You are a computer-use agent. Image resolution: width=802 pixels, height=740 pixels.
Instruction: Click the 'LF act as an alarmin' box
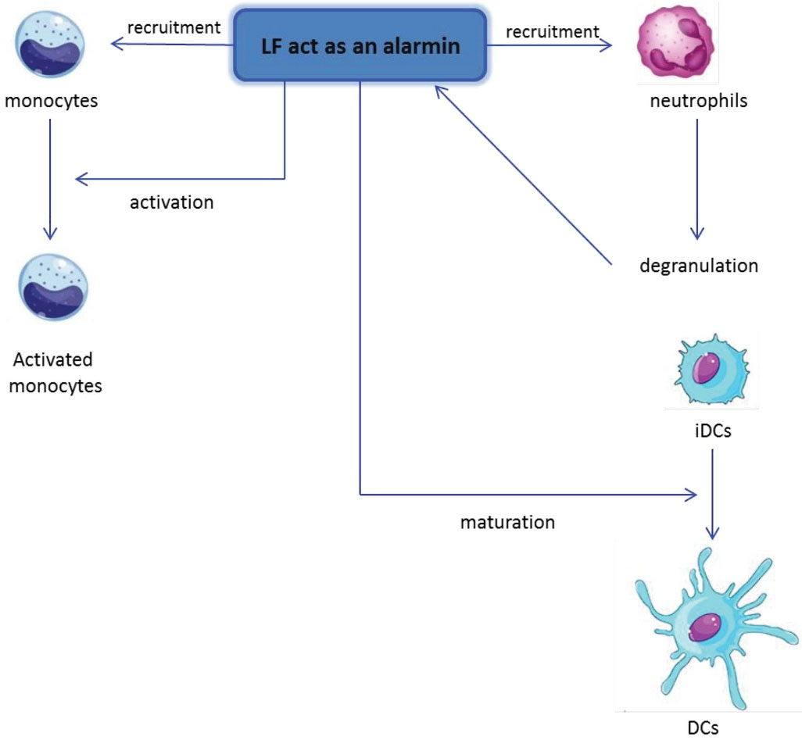(360, 45)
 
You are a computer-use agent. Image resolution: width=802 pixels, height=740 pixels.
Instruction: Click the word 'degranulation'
(698, 266)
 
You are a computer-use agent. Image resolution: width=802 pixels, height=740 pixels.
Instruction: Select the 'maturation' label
(507, 521)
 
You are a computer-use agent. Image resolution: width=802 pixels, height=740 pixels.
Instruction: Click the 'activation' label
(171, 202)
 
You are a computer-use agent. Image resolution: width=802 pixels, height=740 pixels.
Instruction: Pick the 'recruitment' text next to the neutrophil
(552, 31)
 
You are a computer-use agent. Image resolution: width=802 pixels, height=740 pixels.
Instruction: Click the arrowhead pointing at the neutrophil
(607, 46)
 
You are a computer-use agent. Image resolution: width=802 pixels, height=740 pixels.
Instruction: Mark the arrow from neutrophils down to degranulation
(698, 180)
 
